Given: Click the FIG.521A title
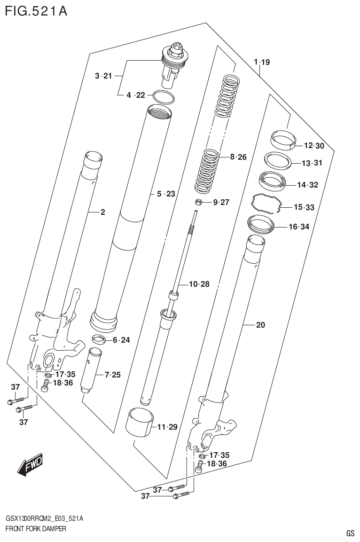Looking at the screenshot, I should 36,11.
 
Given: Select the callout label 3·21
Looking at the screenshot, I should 103,76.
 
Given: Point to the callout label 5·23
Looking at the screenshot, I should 165,194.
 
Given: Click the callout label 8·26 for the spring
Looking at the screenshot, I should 238,157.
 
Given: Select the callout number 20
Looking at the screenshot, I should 260,324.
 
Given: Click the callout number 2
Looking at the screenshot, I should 102,212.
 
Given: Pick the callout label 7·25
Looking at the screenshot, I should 112,375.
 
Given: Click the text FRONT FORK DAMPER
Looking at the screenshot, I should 36,529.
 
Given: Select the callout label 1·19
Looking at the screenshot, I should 261,62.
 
